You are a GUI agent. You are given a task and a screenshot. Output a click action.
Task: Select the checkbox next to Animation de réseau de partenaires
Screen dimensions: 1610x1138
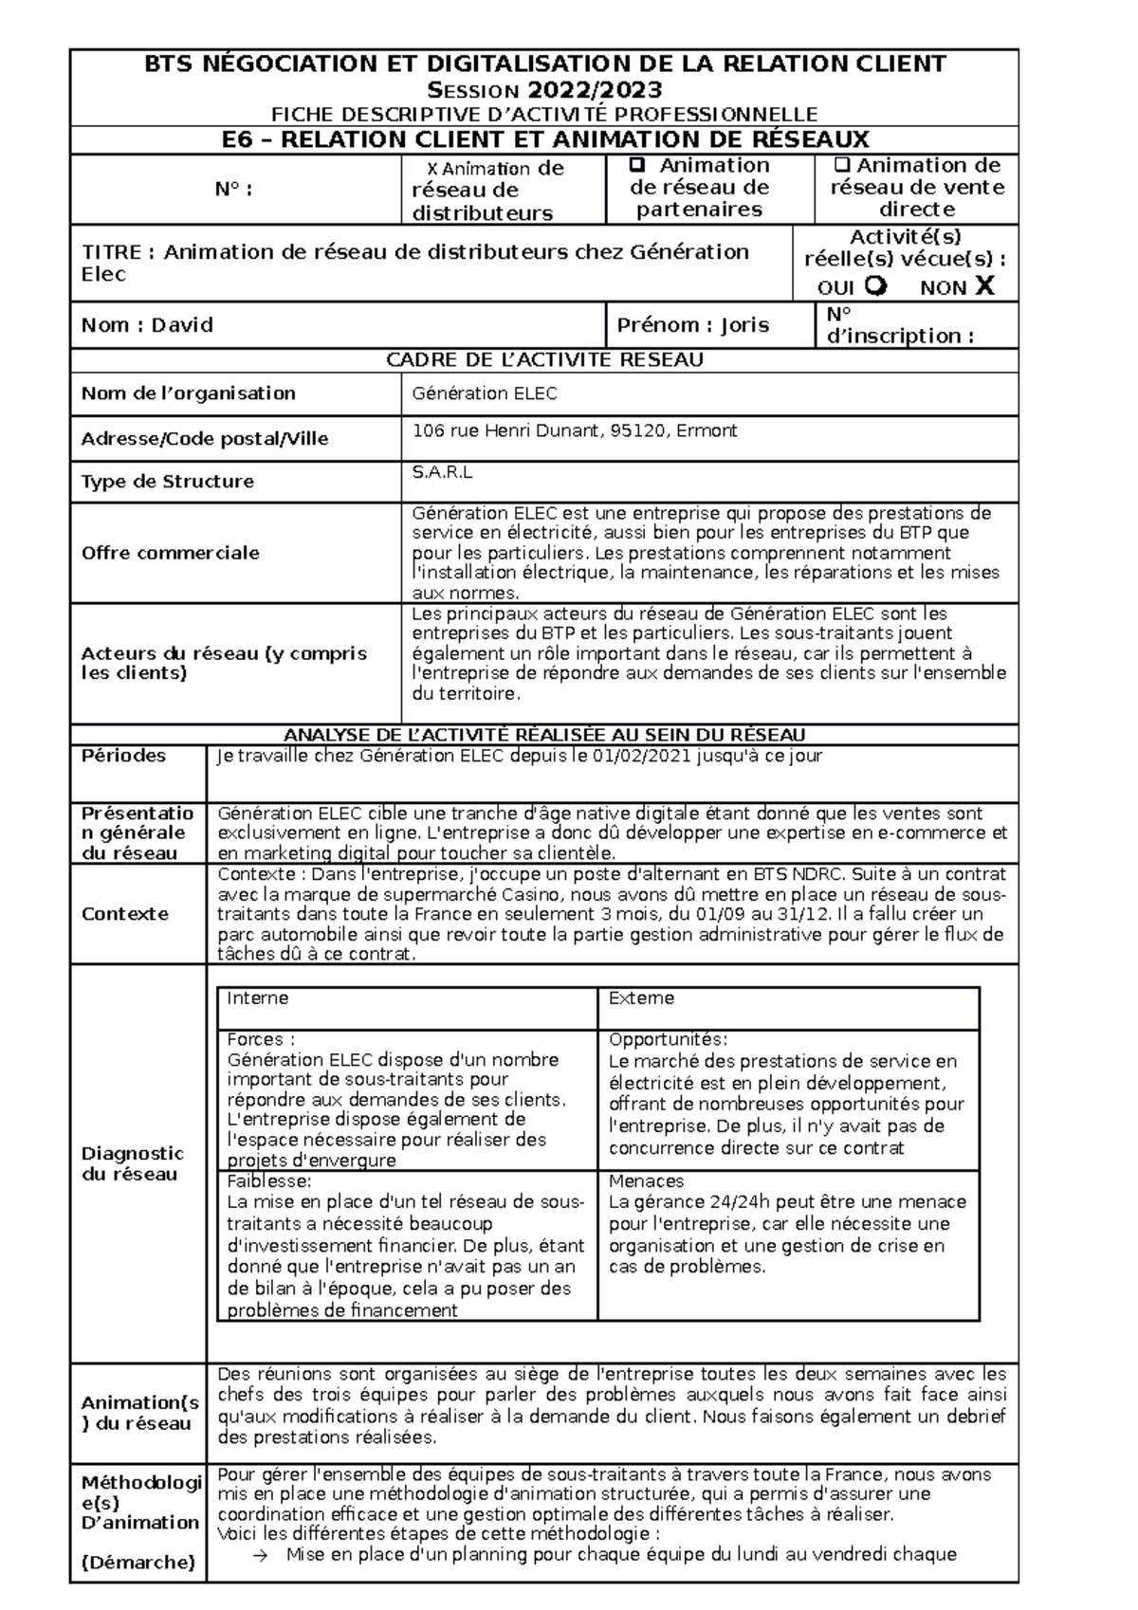[x=638, y=165]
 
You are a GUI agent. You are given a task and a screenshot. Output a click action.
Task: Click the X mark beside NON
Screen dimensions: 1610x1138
[x=984, y=285]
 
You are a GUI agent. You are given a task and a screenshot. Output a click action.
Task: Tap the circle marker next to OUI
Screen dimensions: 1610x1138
[x=876, y=285]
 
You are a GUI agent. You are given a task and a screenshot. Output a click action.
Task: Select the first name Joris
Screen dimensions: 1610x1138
[x=744, y=325]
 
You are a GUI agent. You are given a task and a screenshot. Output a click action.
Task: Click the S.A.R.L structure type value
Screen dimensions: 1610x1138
[x=442, y=471]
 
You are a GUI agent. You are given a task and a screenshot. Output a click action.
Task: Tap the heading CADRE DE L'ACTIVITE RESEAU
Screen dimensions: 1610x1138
[x=544, y=360]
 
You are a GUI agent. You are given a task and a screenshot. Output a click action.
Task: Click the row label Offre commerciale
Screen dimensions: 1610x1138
[x=171, y=553]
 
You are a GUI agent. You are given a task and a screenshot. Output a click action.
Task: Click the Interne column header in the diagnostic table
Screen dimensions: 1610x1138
[x=258, y=998]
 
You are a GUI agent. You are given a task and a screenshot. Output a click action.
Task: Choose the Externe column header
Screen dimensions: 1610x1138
[x=641, y=998]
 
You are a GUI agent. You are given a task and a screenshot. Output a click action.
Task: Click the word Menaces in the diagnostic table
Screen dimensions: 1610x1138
[x=646, y=1181]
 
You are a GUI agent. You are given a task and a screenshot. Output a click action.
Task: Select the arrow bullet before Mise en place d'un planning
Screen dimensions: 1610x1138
[x=264, y=1554]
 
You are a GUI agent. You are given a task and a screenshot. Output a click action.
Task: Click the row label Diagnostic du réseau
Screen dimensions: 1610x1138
[x=132, y=1163]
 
